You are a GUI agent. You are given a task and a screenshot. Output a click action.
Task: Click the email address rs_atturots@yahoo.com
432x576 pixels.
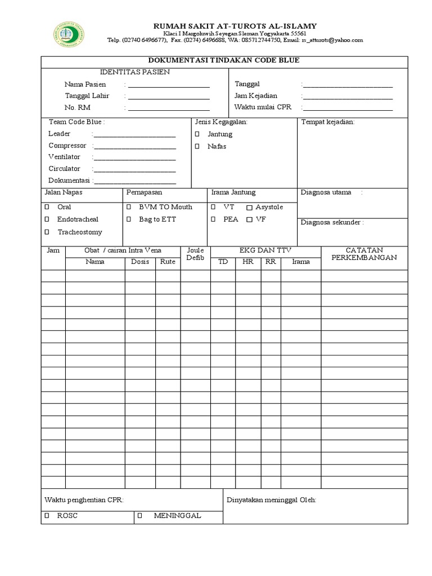[332, 40]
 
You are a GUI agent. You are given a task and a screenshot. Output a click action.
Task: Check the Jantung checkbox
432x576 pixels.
[197, 134]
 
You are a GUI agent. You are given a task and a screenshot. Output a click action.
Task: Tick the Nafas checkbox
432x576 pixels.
[197, 146]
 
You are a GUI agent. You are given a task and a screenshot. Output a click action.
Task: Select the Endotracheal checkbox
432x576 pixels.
[47, 219]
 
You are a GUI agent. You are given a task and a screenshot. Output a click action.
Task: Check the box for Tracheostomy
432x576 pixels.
[47, 232]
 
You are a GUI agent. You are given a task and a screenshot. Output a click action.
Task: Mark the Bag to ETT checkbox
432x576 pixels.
[129, 219]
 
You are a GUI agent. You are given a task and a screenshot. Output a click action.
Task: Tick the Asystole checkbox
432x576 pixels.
[250, 208]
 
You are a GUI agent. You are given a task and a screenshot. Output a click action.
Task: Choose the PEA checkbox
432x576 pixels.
[214, 219]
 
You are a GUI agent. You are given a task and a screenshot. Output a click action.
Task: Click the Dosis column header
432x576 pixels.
[140, 262]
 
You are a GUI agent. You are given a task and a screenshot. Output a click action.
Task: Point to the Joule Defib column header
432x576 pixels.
[195, 254]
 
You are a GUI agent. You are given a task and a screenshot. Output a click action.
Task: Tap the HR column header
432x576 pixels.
[247, 262]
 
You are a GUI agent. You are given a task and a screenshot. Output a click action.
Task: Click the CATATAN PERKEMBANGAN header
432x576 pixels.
[363, 254]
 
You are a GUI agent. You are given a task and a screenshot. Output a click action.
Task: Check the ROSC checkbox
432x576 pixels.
[47, 515]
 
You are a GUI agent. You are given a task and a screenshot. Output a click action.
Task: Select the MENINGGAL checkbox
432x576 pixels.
[140, 515]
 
